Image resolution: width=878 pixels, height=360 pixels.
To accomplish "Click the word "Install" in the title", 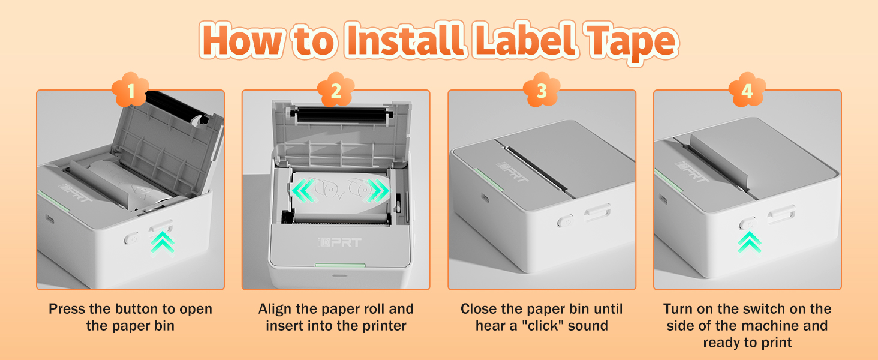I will (x=393, y=41).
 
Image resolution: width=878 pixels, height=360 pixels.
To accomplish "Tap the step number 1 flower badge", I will (x=130, y=91).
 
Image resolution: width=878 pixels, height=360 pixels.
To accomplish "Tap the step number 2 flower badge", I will (x=336, y=91).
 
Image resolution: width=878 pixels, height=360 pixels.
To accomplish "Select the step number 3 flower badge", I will (x=542, y=91).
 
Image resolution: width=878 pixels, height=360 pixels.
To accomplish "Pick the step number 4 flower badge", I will (x=747, y=91).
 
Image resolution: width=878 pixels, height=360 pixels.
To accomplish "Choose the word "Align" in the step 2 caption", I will (x=275, y=310).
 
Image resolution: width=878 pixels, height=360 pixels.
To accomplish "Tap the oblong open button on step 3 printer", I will (x=597, y=212).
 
